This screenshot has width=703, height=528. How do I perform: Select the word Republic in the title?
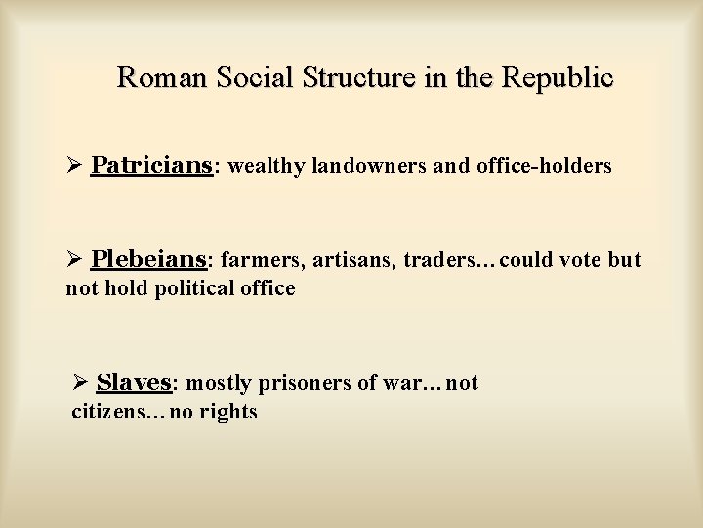coord(558,77)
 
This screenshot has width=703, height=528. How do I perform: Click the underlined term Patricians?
coord(151,166)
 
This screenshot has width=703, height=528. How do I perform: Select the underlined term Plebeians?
coord(149,259)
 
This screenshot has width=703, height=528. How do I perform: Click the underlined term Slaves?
coord(134,382)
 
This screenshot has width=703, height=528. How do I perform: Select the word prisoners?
coord(299,383)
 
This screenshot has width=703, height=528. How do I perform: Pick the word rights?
coord(228,413)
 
